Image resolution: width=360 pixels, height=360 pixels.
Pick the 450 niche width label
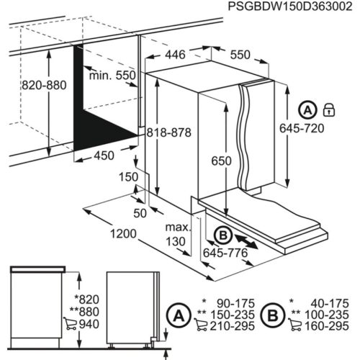pos(104,156)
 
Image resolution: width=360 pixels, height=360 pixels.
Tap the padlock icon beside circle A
pos(330,109)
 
